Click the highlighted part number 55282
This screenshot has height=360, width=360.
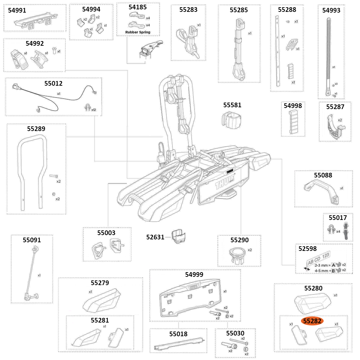[312, 321]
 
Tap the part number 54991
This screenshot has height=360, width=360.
[17, 10]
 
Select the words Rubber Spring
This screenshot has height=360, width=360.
[138, 32]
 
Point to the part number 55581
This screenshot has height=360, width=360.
[232, 105]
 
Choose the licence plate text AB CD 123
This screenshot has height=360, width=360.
[318, 257]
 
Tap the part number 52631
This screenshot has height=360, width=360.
[155, 237]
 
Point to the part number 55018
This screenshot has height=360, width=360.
[178, 334]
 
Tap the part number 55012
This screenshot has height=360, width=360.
[53, 84]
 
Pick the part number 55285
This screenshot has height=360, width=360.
[239, 10]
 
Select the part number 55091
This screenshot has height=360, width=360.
[32, 240]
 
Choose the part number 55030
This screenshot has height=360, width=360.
[235, 333]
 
